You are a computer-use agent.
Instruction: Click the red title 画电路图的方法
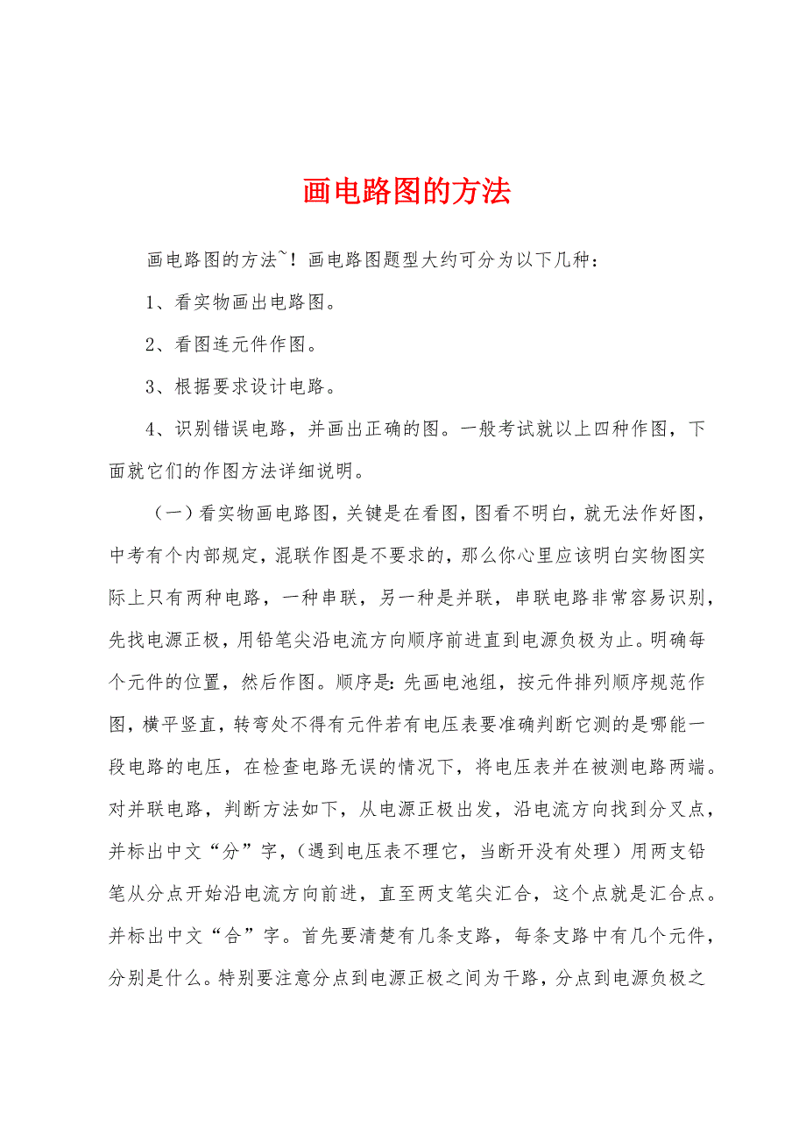407,192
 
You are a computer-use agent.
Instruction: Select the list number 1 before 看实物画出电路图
150,303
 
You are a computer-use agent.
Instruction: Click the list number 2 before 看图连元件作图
150,345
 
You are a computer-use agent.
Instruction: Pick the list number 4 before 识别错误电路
150,429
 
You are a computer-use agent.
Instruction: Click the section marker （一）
171,514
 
